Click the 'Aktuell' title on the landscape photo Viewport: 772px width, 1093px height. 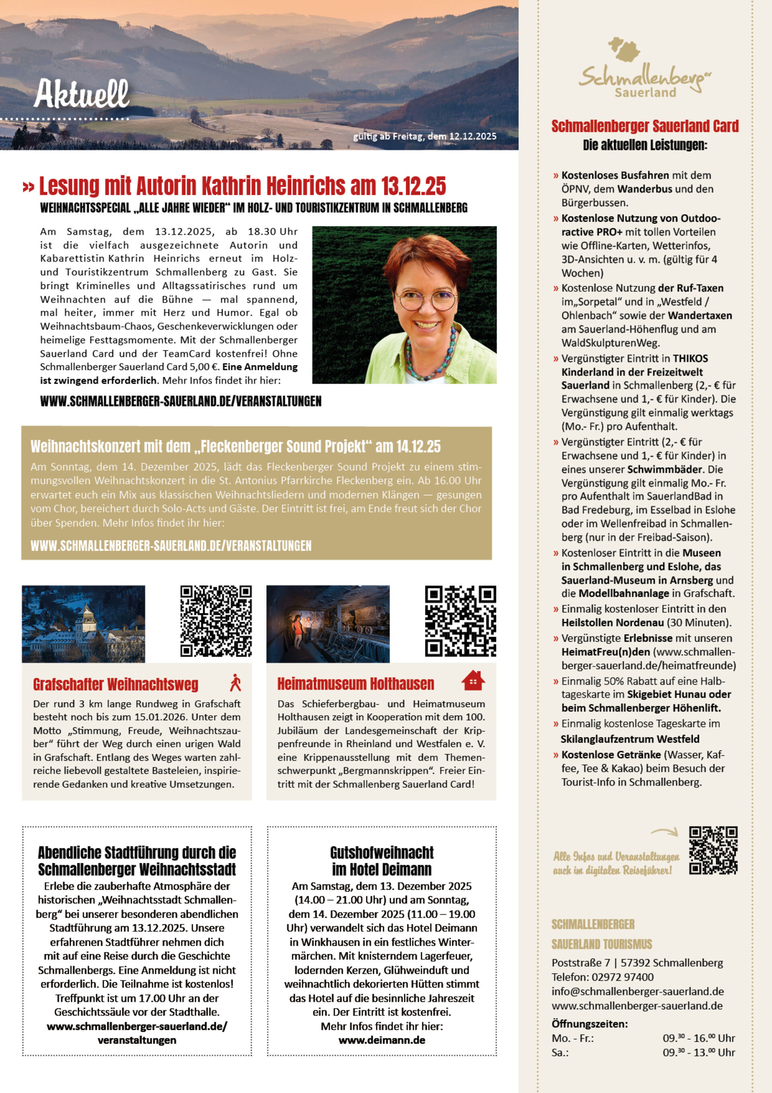click(x=81, y=93)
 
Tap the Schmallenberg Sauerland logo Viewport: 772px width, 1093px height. click(x=644, y=69)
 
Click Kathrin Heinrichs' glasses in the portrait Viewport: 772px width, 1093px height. click(x=426, y=300)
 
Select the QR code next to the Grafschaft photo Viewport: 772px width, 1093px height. click(x=216, y=621)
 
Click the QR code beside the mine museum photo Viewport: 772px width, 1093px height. click(x=460, y=621)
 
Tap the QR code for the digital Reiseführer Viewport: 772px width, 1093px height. click(x=713, y=850)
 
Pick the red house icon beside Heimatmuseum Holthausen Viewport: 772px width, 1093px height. click(x=473, y=681)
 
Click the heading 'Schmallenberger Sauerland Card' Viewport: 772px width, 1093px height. click(x=645, y=126)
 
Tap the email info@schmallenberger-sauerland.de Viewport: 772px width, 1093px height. click(x=637, y=991)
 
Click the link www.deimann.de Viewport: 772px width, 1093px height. click(x=382, y=1040)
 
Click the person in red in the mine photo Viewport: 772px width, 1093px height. click(x=298, y=630)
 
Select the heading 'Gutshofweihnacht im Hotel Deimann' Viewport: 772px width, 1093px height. click(x=382, y=861)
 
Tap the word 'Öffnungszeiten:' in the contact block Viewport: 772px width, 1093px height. click(x=589, y=1024)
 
